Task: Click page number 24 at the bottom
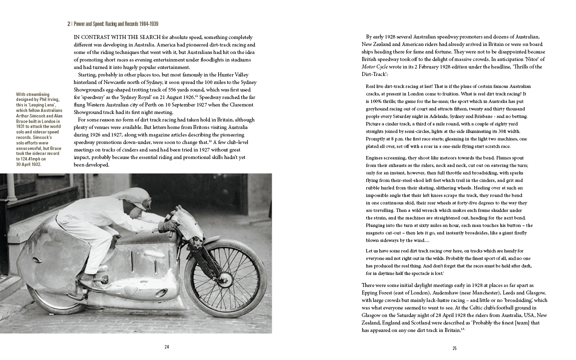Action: click(167, 347)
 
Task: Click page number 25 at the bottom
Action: click(454, 348)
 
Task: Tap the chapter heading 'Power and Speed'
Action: click(92, 23)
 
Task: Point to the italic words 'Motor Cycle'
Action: click(375, 67)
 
